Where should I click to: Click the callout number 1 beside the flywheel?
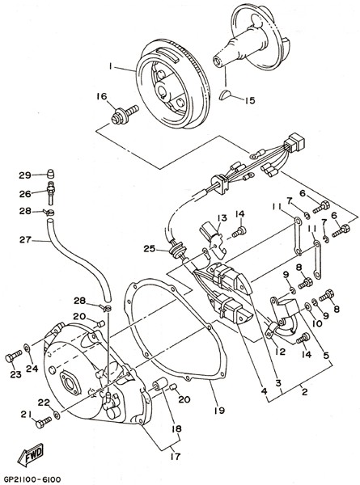tap(110, 66)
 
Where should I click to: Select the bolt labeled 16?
tap(125, 114)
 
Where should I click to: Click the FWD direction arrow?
tap(31, 454)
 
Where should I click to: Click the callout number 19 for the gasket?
tap(219, 411)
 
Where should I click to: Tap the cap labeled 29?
tap(50, 174)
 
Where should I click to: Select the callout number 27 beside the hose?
tap(25, 240)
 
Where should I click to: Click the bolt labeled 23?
tap(13, 356)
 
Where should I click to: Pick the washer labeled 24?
tap(28, 348)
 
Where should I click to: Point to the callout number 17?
tap(176, 456)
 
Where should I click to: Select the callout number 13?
tap(222, 218)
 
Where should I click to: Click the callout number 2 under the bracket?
tap(305, 392)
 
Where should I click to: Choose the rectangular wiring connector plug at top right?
tap(294, 141)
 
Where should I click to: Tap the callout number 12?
tap(280, 352)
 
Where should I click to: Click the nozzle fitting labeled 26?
tap(50, 193)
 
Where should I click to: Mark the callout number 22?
tap(44, 403)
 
